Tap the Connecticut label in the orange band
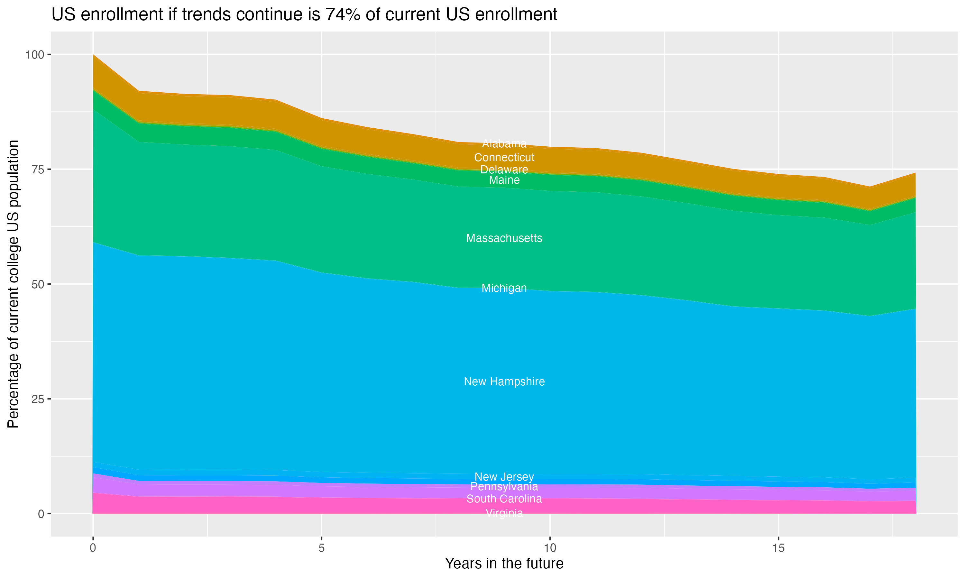click(x=504, y=158)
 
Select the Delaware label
click(x=504, y=170)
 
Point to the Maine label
click(x=504, y=180)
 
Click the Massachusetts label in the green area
click(x=504, y=238)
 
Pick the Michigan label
click(x=504, y=288)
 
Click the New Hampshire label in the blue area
click(x=504, y=381)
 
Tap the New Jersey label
click(x=504, y=477)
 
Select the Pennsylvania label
click(x=504, y=487)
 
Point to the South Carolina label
click(x=504, y=499)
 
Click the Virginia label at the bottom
click(x=504, y=513)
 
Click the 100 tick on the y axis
click(x=34, y=55)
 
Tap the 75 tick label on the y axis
click(x=38, y=169)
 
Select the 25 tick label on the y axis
click(x=38, y=399)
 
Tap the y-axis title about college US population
click(x=13, y=284)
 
